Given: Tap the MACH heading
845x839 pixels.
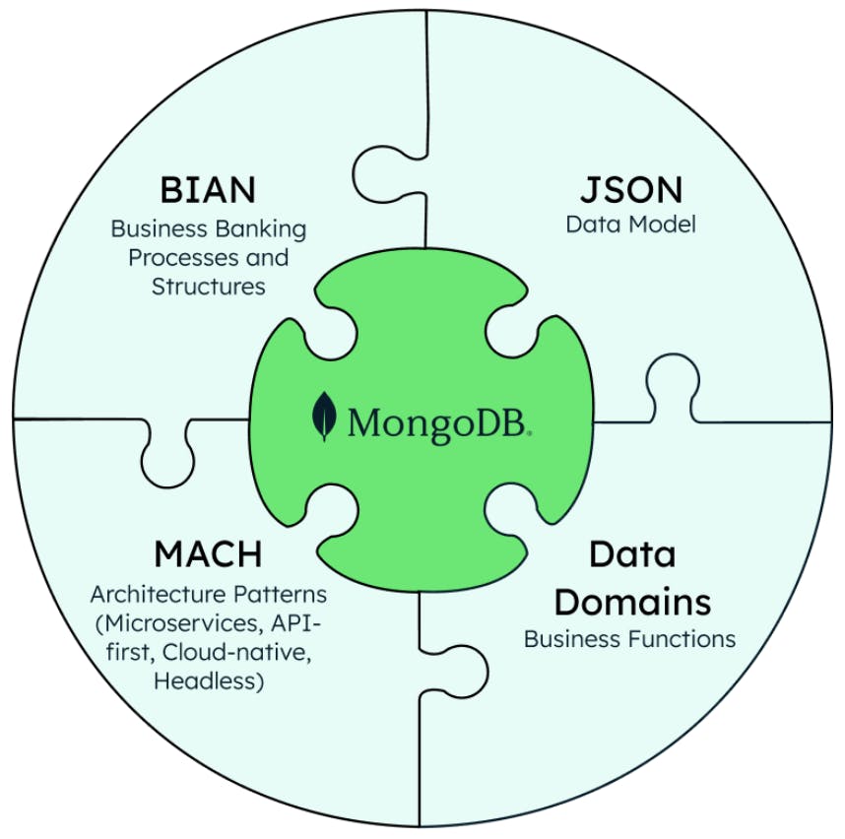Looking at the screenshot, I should [208, 553].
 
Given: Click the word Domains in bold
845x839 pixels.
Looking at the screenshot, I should [629, 599].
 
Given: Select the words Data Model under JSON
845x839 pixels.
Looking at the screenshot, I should [630, 225].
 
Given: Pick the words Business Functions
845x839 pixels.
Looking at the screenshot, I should [629, 639].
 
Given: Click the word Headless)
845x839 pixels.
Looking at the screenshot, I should [208, 681].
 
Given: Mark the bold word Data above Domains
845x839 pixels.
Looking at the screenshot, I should [631, 553].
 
